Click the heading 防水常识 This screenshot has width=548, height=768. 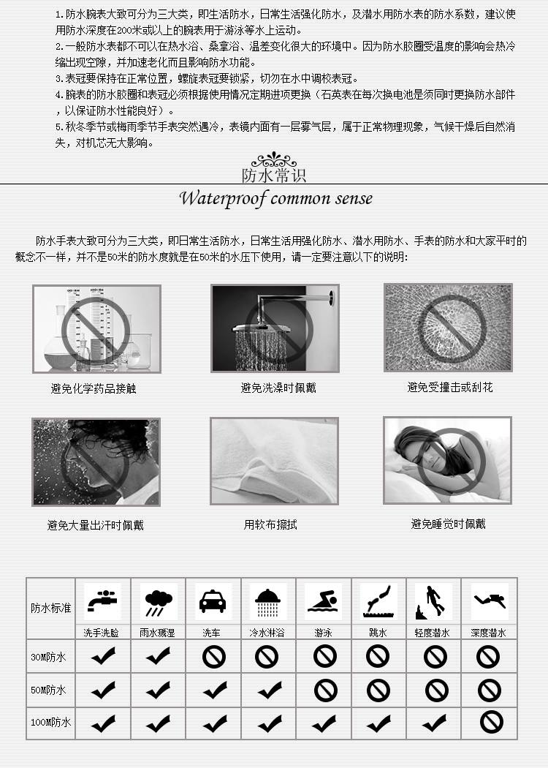pos(274,176)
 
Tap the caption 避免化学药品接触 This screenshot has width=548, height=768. pos(94,388)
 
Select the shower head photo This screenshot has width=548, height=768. pos(275,328)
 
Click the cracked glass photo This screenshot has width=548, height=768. pos(448,327)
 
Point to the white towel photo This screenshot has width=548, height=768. pos(274,461)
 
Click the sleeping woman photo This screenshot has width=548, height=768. pos(447,460)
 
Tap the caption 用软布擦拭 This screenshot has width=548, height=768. pos(270,524)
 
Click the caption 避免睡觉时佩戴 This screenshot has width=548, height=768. pos(448,524)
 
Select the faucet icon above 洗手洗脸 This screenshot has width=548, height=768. pos(102,602)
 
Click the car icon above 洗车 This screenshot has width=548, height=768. pos(213,602)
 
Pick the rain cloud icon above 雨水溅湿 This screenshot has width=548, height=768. pos(157,602)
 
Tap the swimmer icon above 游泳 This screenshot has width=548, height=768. pos(324,602)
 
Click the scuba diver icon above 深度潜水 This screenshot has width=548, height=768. pos(489,602)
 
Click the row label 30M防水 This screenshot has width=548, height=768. pos(49,657)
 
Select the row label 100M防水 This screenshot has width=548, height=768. pos(50,722)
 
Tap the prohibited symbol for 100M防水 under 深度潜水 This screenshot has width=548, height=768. pos(490,723)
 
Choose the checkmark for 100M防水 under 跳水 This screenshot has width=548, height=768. pos(378,723)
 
